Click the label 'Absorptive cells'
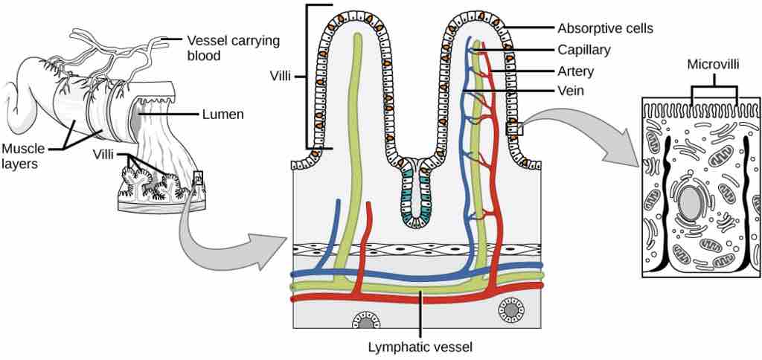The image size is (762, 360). click(x=605, y=28)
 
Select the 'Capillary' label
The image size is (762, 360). click(x=584, y=50)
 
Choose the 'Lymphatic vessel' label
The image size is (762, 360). click(x=420, y=347)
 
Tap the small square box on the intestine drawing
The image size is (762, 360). click(x=197, y=176)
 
